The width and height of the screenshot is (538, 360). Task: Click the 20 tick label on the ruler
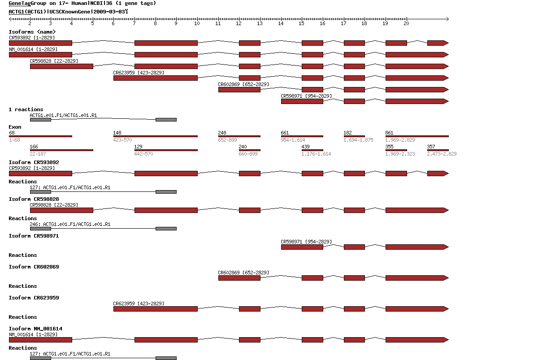point(406,23)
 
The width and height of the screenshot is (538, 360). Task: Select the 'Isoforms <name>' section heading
point(32,31)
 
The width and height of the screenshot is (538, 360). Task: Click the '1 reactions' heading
point(26,109)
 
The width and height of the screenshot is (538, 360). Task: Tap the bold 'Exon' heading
point(15,127)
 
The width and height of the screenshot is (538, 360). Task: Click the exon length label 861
point(389,133)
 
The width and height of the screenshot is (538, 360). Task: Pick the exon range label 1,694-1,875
point(358,140)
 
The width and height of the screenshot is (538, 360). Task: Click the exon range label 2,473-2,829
point(442,154)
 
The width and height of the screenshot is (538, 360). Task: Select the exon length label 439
point(305,147)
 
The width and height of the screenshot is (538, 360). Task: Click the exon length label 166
point(34,147)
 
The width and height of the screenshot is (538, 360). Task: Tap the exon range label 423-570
point(122,140)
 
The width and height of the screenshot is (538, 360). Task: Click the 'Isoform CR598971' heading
point(34,236)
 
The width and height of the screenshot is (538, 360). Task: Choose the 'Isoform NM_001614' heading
point(35,329)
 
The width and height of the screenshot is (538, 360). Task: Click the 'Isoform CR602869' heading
point(34,267)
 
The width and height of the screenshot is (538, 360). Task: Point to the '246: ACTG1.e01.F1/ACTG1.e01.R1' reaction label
point(70,224)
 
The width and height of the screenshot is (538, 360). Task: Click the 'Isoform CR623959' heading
point(34,298)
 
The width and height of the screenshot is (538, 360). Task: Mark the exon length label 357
point(431,147)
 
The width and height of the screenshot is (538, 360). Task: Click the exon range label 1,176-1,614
point(316,154)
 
